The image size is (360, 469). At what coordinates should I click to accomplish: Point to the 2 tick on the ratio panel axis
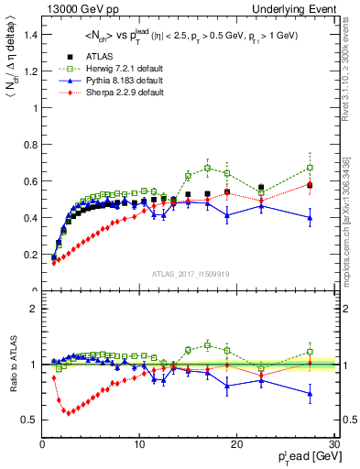(x=34, y=309)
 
